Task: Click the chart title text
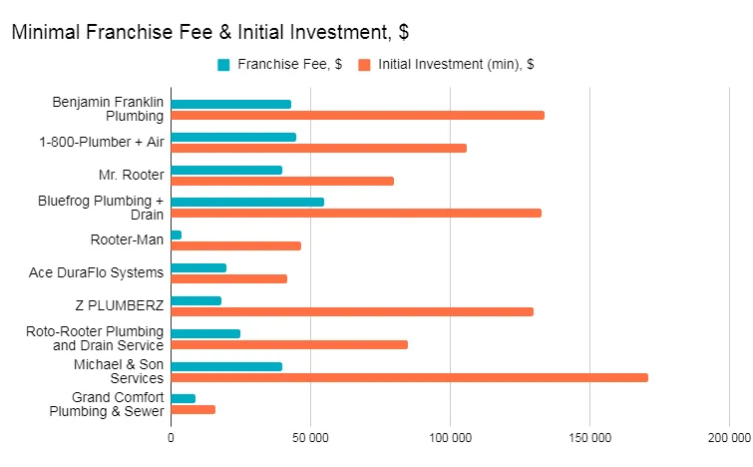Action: point(209,32)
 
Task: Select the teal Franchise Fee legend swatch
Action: point(223,65)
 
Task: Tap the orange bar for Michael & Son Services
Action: point(409,377)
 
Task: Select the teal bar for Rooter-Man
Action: point(177,234)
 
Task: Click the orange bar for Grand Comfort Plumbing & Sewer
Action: point(192,410)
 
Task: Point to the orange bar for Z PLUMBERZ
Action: point(352,311)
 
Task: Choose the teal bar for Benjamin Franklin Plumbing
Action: point(230,104)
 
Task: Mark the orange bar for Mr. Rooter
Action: point(282,181)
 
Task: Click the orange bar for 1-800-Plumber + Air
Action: point(318,148)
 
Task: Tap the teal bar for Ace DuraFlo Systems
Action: point(198,267)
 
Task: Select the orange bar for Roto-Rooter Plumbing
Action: point(289,344)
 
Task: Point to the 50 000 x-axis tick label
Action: point(310,437)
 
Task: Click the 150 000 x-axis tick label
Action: point(589,437)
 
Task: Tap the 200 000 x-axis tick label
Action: point(729,437)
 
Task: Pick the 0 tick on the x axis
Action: point(171,437)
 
